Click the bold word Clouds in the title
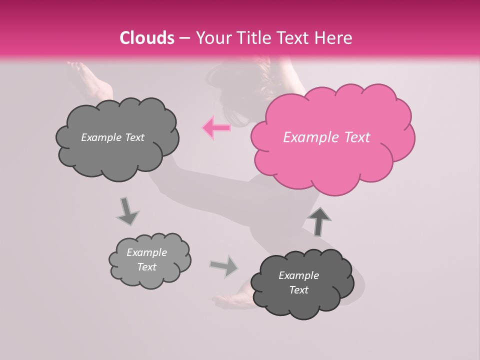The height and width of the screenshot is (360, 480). (147, 38)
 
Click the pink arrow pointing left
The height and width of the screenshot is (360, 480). (216, 128)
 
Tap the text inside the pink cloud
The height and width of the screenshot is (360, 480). (326, 137)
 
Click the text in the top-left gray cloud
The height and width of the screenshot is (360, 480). (112, 137)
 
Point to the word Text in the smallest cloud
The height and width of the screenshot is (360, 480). (147, 267)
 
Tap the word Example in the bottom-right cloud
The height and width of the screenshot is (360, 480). (298, 275)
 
